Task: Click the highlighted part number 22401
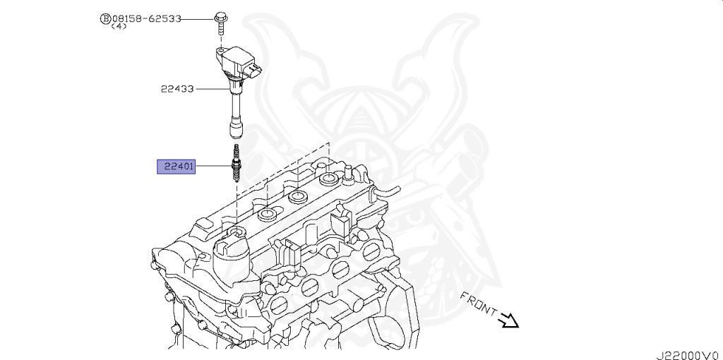coord(176,167)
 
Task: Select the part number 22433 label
coord(177,89)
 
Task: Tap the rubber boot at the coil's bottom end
coord(236,129)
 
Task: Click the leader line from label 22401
coord(212,167)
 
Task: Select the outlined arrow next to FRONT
coord(509,322)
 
